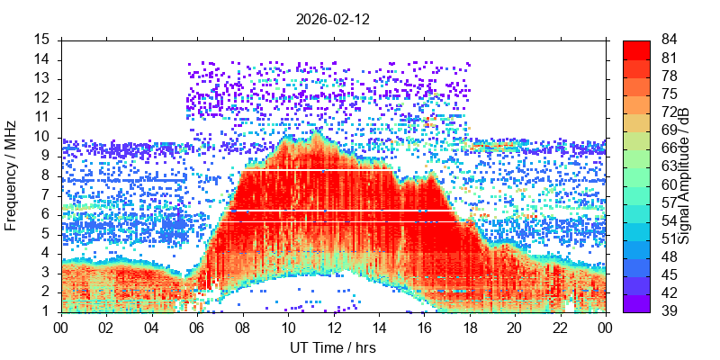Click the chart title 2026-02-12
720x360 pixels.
point(333,18)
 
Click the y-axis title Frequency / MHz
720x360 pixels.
point(12,175)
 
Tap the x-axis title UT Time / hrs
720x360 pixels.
point(333,347)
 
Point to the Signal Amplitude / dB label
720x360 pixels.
point(685,175)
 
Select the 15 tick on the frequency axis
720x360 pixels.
point(43,40)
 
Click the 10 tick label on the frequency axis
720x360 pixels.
point(43,137)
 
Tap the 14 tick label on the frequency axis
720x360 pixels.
point(43,59)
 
